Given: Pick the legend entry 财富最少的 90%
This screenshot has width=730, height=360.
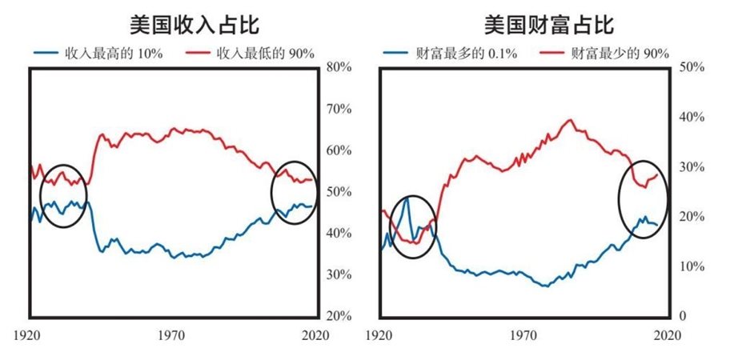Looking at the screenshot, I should point(616,54).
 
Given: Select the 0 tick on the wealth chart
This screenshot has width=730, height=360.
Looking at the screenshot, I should point(681,316).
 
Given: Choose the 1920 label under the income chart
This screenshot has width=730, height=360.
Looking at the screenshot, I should point(30,335).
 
